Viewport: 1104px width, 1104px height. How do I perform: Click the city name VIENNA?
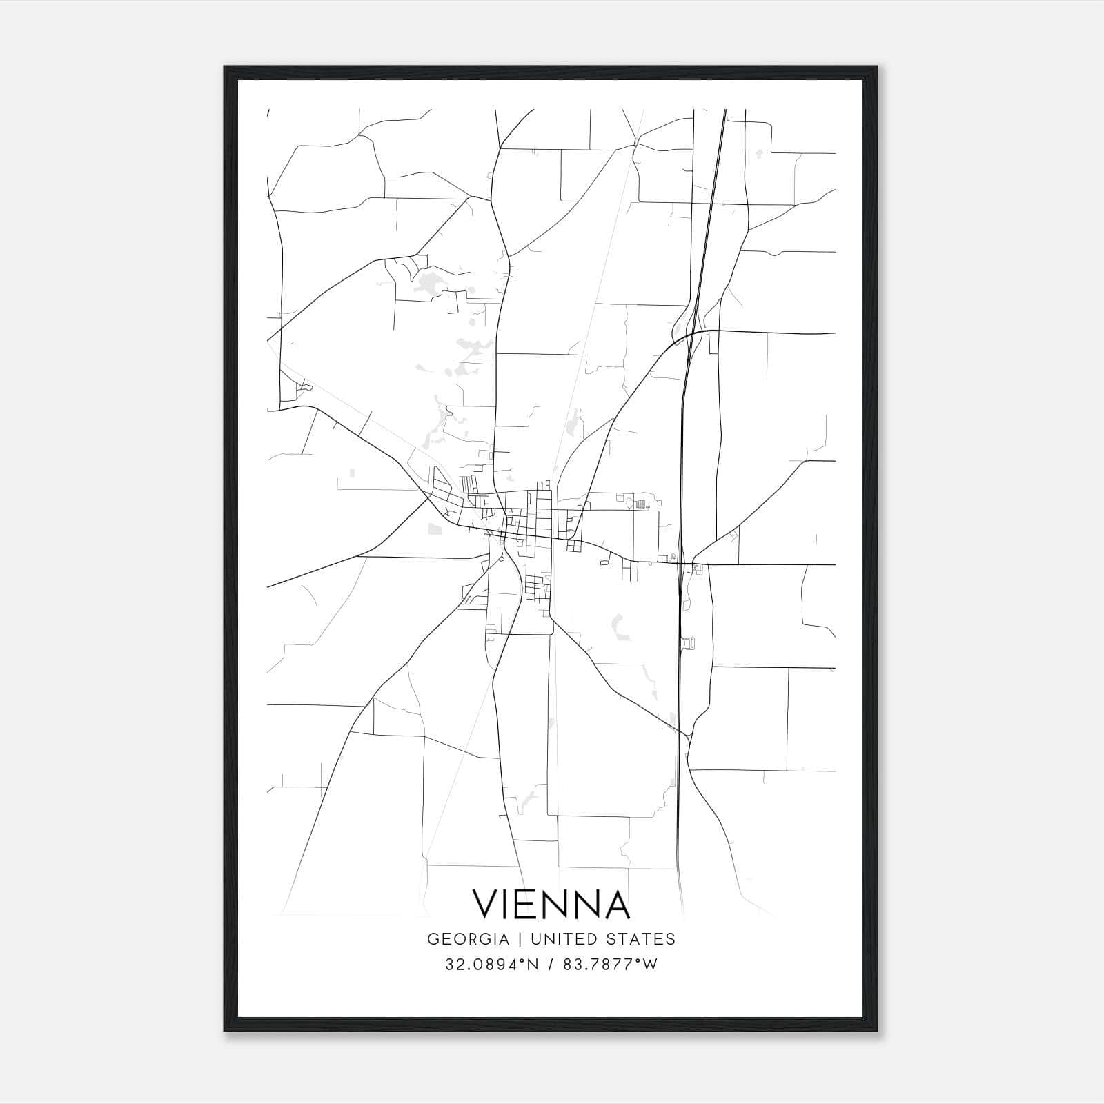(x=551, y=904)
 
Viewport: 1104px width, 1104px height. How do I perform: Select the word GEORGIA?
(x=469, y=939)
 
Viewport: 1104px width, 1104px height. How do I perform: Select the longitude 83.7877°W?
(x=611, y=965)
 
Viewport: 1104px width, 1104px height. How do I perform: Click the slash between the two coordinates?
(x=551, y=965)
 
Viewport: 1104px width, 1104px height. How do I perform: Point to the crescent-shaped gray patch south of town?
(x=617, y=627)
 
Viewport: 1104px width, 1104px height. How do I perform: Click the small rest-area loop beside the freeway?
(x=687, y=643)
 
